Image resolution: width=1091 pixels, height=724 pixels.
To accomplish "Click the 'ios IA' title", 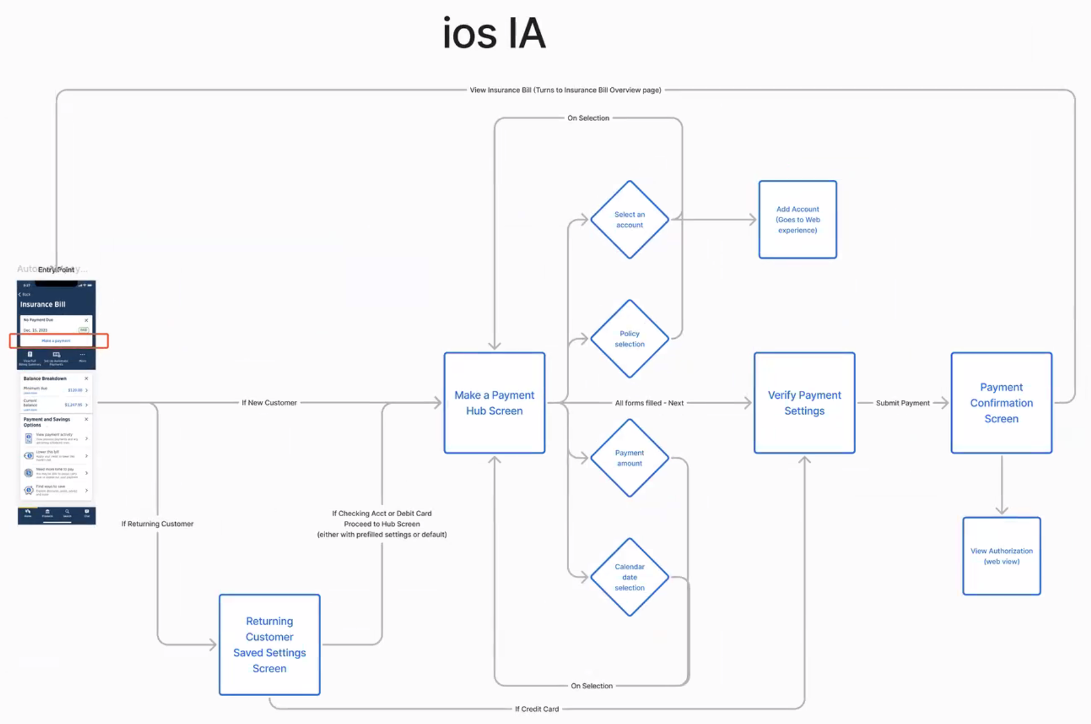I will click(494, 33).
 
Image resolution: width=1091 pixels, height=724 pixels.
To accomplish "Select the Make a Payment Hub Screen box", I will click(494, 403).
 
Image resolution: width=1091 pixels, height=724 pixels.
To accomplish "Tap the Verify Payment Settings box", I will click(804, 403).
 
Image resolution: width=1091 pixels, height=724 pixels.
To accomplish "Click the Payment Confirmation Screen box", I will click(1001, 403).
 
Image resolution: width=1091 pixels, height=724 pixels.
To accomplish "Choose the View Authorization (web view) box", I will click(1001, 556).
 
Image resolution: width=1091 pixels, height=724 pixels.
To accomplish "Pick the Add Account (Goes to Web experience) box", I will click(797, 219).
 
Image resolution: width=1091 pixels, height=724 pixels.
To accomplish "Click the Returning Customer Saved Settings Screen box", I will click(269, 645).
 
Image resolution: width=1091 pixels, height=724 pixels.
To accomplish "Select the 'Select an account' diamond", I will click(630, 219).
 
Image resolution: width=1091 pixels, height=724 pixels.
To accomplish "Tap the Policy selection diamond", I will click(630, 339).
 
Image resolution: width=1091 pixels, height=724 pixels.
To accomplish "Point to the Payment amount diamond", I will click(630, 458).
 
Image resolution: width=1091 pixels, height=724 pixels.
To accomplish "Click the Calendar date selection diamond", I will click(630, 577).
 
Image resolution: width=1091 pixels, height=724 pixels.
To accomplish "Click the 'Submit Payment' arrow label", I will click(902, 403).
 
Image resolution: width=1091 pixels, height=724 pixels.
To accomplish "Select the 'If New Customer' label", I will click(269, 403).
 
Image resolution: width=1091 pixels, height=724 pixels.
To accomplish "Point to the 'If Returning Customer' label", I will click(157, 524).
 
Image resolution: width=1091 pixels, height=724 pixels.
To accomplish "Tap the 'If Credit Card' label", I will click(536, 709).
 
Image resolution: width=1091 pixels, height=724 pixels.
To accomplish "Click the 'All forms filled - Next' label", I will click(649, 403).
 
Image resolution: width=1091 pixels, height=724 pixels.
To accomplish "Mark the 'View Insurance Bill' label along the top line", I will click(565, 90).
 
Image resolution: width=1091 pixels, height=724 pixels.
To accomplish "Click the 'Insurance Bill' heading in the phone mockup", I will click(43, 304).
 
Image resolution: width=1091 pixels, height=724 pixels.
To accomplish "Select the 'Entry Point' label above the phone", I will click(56, 270).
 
